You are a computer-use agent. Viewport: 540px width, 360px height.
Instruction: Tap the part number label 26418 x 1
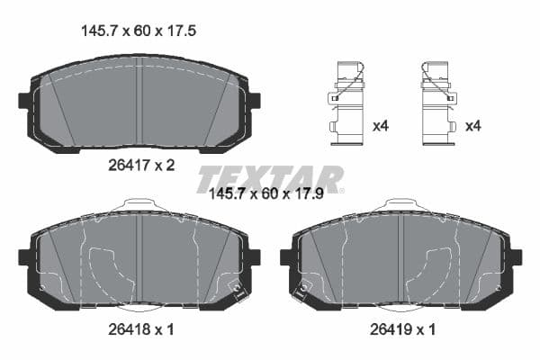pos(139,329)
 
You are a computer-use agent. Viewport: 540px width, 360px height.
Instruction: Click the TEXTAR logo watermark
pos(270,176)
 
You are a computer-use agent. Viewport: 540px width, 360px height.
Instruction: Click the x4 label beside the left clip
pos(380,126)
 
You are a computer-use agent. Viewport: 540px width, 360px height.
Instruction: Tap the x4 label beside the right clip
pos(472,126)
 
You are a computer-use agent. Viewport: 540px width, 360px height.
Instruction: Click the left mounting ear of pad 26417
pos(25,100)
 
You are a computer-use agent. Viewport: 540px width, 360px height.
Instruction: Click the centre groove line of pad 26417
pos(139,99)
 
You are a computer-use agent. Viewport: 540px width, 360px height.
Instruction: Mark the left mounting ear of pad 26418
pos(25,257)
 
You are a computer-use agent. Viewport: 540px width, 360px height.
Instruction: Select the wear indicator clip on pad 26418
pos(238,290)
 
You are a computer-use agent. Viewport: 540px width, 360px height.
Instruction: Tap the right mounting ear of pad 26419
pos(514,257)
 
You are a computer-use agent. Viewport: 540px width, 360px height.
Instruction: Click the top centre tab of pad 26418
pos(139,206)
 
